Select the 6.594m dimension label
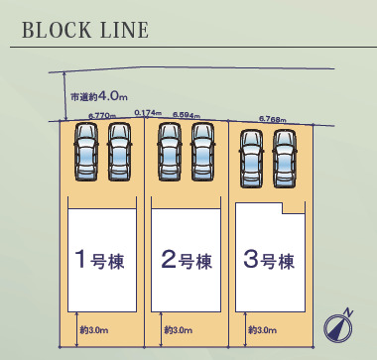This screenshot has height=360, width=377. (187, 115)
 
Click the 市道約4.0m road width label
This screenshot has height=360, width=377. (99, 96)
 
